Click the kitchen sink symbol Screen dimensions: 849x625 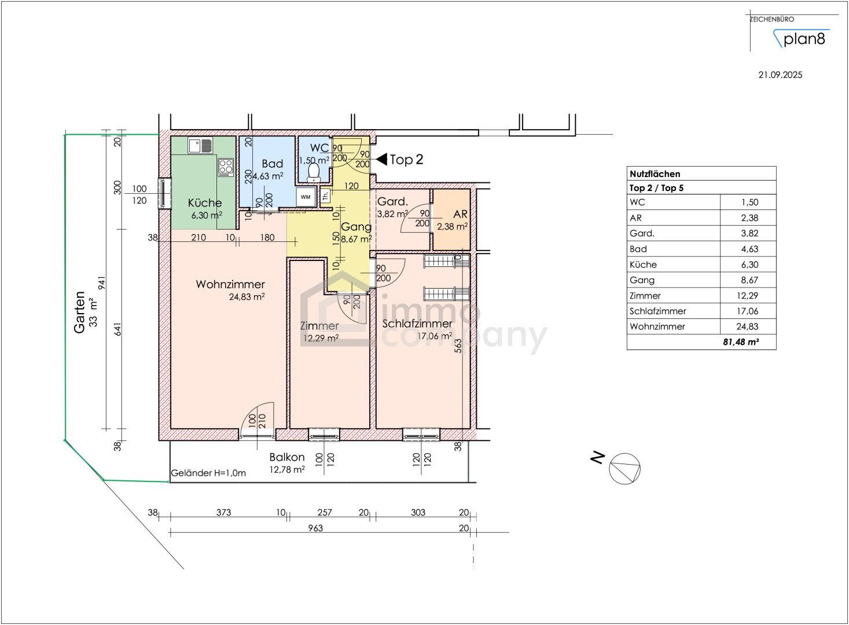pos(200,145)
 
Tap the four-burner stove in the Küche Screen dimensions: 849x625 pos(226,167)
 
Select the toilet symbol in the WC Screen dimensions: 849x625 pos(314,171)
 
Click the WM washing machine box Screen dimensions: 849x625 pos(306,197)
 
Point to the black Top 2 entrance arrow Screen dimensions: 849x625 pos(381,159)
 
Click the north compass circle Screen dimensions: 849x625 pos(624,469)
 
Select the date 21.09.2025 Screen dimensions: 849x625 pos(780,75)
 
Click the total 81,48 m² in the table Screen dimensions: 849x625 pos(741,342)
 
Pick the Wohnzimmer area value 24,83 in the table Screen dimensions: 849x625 pos(747,326)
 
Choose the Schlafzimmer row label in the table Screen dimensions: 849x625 pos(657,311)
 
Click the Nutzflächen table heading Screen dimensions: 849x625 pos(655,174)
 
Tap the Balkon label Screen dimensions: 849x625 pos(287,457)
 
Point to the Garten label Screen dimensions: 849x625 pos(79,312)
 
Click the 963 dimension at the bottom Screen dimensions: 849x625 pos(315,528)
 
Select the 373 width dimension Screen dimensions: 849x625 pos(223,512)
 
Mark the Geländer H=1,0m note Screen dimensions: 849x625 pos(208,473)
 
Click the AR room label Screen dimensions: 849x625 pos(460,214)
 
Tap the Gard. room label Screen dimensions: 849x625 pos(392,201)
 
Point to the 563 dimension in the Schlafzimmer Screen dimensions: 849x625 pos(458,345)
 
